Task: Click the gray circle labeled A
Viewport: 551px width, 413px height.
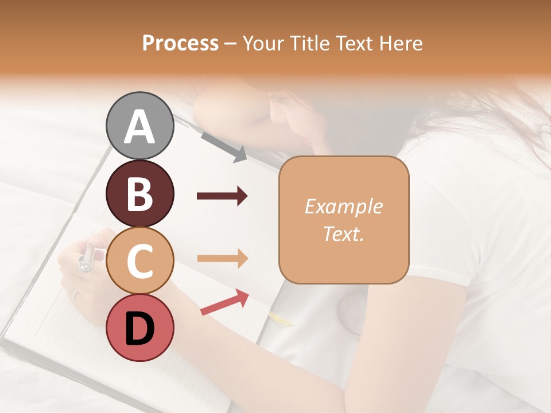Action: pos(139,126)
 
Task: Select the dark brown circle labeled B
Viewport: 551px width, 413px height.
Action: pos(139,193)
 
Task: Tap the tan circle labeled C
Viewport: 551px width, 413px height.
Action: pos(139,261)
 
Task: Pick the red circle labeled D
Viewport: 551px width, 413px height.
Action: pos(139,328)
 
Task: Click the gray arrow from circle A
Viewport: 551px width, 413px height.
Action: pos(224,146)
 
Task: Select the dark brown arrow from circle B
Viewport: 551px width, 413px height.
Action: pos(222,196)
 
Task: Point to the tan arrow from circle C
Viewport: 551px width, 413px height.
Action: pos(222,258)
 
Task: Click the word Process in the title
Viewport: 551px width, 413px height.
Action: pos(180,43)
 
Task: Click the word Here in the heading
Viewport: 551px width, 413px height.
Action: pos(402,43)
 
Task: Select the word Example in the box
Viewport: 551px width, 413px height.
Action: pos(343,206)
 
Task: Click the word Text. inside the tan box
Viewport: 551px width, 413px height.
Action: pos(343,233)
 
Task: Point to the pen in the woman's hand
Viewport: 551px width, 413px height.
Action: pos(86,258)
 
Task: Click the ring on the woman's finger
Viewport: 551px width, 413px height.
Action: pos(75,294)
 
